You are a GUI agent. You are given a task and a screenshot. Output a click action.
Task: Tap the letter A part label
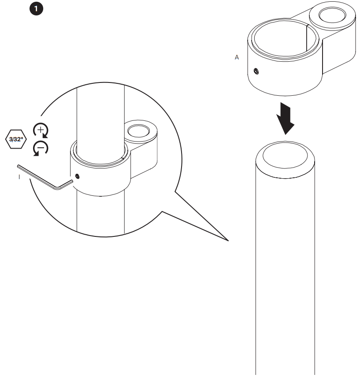click(237, 58)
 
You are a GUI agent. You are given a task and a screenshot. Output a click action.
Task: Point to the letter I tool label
click(19, 177)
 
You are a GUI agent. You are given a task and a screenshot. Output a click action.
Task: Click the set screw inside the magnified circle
click(78, 176)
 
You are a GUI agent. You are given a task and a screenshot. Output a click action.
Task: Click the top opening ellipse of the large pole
click(285, 157)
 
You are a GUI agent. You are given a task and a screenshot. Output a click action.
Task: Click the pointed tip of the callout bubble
click(228, 241)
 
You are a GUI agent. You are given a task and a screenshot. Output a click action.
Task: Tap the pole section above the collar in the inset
click(100, 115)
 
